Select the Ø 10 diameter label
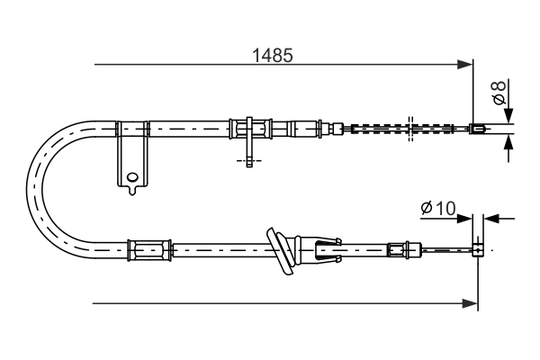click(x=438, y=209)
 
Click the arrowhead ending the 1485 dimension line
click(x=466, y=64)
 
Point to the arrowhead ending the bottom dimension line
click(x=471, y=303)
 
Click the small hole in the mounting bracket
click(x=132, y=177)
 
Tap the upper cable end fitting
click(x=480, y=128)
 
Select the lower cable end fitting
click(x=480, y=247)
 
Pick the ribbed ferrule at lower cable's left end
click(x=149, y=247)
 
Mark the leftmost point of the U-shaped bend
click(x=29, y=185)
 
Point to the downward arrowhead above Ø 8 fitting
click(x=508, y=115)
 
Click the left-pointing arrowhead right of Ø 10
click(x=490, y=217)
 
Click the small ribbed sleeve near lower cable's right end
click(x=397, y=247)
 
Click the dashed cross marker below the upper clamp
click(x=249, y=161)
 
